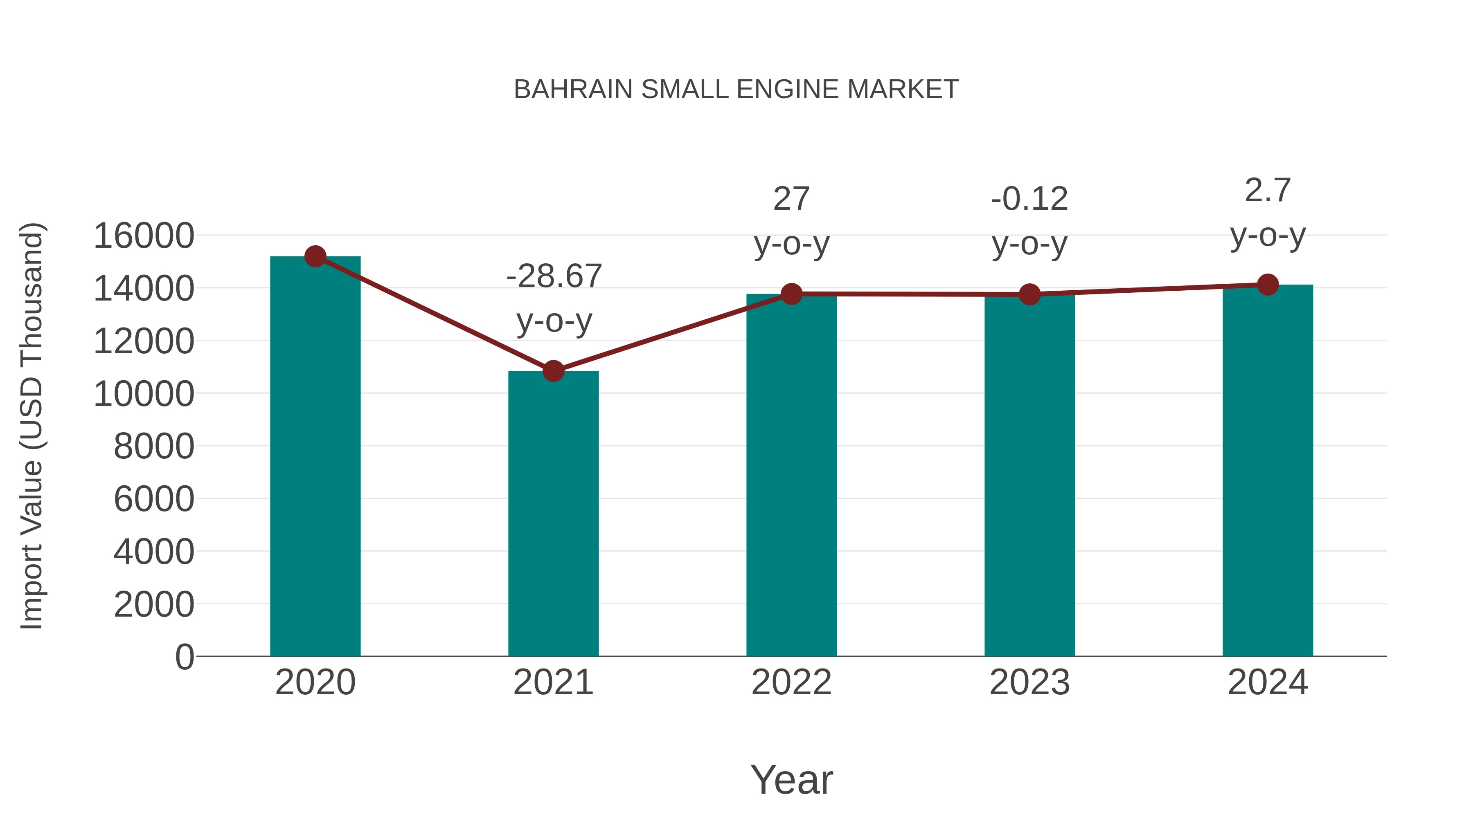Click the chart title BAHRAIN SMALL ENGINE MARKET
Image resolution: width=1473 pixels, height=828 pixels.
(x=736, y=90)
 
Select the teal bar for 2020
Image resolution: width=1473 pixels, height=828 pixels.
(x=315, y=457)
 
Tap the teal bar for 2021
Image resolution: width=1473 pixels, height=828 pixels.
(x=553, y=514)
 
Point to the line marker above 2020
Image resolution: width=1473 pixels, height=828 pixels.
(x=315, y=256)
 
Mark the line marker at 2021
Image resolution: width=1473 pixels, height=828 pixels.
(x=553, y=371)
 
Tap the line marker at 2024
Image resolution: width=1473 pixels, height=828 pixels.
(x=1268, y=285)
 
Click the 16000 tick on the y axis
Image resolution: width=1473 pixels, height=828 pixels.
(x=144, y=236)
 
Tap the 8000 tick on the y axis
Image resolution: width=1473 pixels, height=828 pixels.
(x=154, y=446)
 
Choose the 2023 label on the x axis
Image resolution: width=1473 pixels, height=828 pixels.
(x=1029, y=682)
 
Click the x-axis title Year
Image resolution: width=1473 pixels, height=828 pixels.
(x=791, y=779)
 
